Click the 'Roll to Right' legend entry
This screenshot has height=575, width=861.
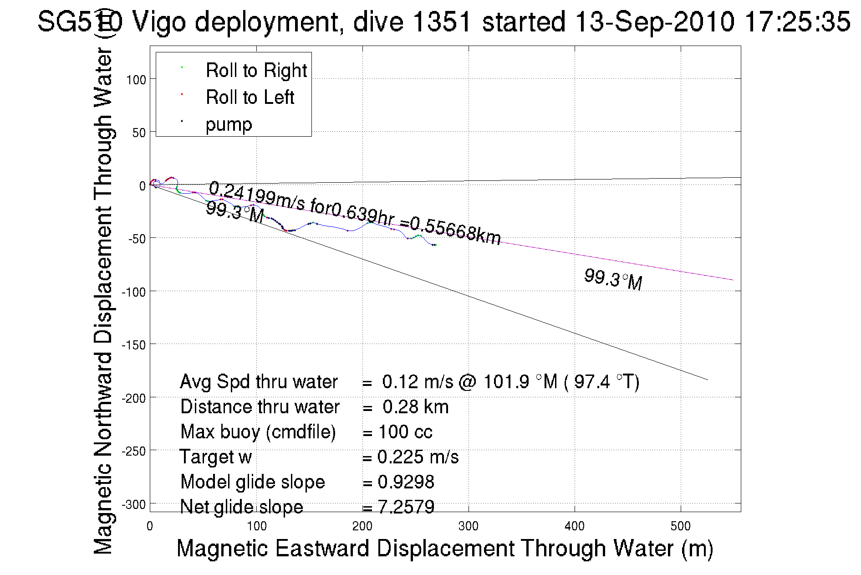coord(256,71)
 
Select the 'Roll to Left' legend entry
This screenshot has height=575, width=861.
coord(250,98)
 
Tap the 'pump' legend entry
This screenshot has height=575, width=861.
coord(229,124)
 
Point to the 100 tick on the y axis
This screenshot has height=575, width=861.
coord(136,80)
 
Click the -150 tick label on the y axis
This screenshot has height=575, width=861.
coord(134,345)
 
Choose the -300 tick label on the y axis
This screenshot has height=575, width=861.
coord(134,504)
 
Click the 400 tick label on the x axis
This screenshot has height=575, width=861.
coord(574,526)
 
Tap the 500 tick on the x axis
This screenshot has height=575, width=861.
coord(680,526)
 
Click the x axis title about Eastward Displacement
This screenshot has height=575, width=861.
coord(444,548)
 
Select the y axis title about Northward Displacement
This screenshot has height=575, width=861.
coord(103,301)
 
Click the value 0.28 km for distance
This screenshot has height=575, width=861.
coord(415,407)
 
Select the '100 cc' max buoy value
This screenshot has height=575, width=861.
coord(405,432)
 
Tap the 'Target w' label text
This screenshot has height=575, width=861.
coord(216,457)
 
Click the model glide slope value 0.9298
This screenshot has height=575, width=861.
coord(406,482)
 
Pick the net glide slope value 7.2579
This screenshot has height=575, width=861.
coord(406,507)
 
